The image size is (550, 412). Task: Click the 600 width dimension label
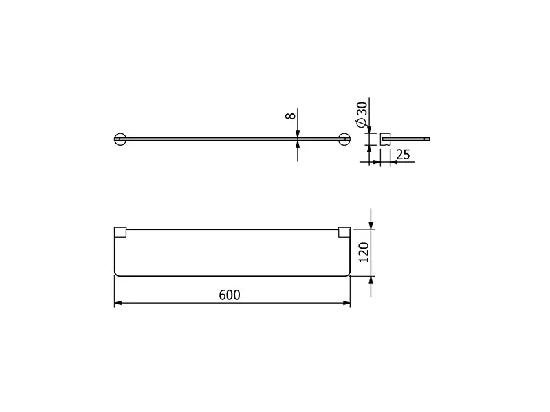coord(230,295)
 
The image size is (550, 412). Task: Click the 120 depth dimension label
coord(364,252)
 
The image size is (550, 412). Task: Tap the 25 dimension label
coord(403,154)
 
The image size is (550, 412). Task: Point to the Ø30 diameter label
coord(362,115)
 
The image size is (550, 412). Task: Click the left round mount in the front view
coord(120,139)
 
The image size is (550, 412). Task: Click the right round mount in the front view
coord(344,139)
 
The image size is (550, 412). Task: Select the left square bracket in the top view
coord(120,232)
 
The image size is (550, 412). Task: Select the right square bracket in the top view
coord(344,232)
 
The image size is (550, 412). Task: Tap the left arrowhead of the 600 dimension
coord(118,303)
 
